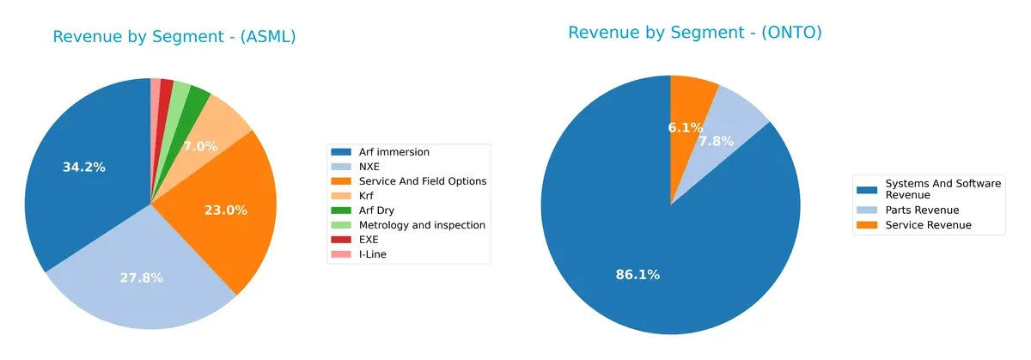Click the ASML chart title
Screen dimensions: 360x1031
(174, 37)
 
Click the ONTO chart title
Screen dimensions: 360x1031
(694, 33)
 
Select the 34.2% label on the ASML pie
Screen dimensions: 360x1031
(84, 167)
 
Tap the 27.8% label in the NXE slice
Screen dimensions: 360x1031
(141, 278)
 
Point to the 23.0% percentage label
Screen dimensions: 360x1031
(226, 210)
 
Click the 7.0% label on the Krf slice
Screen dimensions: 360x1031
(200, 147)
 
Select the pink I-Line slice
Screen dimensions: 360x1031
(156, 87)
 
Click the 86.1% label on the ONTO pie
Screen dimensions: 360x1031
(638, 275)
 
